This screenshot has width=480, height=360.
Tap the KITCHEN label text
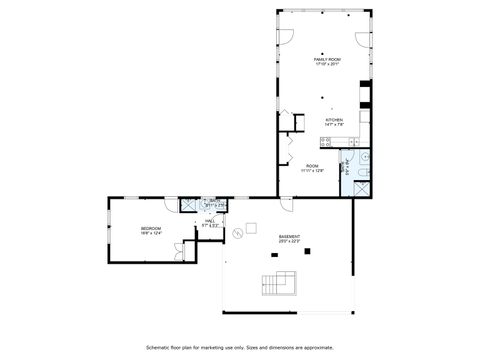click(x=333, y=121)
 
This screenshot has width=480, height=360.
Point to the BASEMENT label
click(x=289, y=237)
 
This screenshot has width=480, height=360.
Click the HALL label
click(x=211, y=222)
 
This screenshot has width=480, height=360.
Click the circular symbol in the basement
click(x=237, y=234)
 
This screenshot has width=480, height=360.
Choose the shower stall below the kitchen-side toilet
click(x=361, y=185)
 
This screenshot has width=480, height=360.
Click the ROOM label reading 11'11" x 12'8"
click(x=312, y=168)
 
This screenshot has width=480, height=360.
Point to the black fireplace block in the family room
click(x=367, y=99)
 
